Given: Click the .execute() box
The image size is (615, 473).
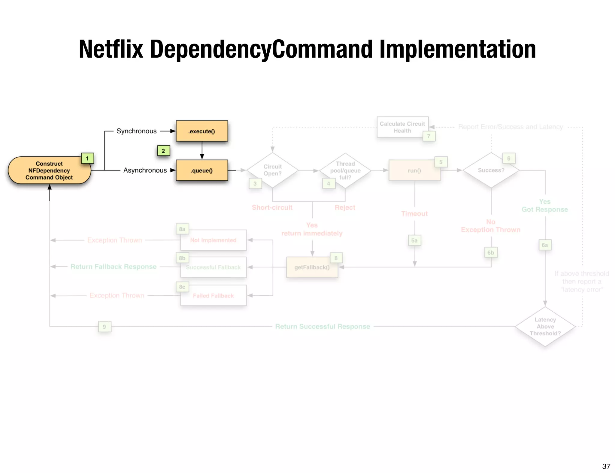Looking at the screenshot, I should pyautogui.click(x=202, y=131).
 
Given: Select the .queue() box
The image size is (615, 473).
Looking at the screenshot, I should pyautogui.click(x=202, y=170).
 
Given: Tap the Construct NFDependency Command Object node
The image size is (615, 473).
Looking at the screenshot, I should pyautogui.click(x=49, y=170).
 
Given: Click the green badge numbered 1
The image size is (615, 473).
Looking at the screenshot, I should pyautogui.click(x=87, y=158).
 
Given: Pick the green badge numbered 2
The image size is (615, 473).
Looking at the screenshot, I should pyautogui.click(x=163, y=151).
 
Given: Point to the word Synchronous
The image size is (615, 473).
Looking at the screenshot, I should pyautogui.click(x=137, y=131).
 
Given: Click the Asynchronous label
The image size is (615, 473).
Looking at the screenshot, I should pyautogui.click(x=145, y=170).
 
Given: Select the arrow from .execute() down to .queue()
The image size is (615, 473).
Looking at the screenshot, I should pyautogui.click(x=202, y=150).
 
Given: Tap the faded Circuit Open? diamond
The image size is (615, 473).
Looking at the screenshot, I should pyautogui.click(x=272, y=170).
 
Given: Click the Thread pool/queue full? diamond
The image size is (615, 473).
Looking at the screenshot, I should pyautogui.click(x=345, y=170).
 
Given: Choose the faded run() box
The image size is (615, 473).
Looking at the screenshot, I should pyautogui.click(x=414, y=170).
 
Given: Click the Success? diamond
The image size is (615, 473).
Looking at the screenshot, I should pyautogui.click(x=491, y=170).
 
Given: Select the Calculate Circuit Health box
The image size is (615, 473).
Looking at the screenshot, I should pyautogui.click(x=402, y=127).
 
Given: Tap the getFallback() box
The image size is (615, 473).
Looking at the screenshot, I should pyautogui.click(x=312, y=267).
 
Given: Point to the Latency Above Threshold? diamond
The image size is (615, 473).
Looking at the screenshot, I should pyautogui.click(x=545, y=327).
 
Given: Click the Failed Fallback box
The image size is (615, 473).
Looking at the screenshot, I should pyautogui.click(x=213, y=296).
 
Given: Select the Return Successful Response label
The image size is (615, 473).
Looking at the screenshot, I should pyautogui.click(x=323, y=327).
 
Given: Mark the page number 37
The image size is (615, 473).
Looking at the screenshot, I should pyautogui.click(x=606, y=466).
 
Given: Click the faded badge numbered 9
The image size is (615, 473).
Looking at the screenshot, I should pyautogui.click(x=105, y=327).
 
